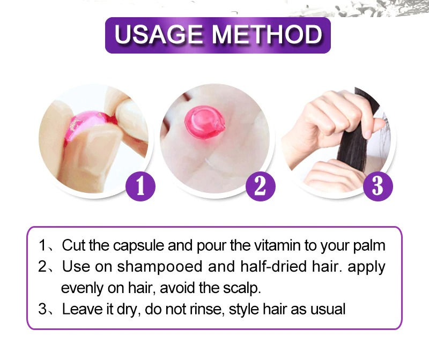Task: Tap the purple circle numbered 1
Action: (140, 186)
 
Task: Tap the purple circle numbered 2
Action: (260, 186)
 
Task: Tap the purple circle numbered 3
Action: (378, 186)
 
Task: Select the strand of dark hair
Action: (358, 134)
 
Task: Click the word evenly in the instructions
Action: (81, 288)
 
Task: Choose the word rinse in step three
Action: (204, 309)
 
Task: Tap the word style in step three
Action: (242, 309)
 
